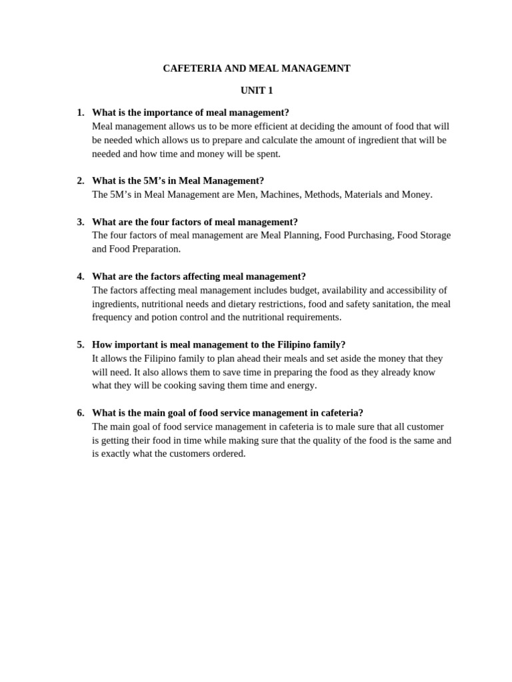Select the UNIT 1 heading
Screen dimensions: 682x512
tap(257, 91)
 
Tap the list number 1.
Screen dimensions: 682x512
tap(80, 113)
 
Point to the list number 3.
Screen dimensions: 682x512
tap(80, 222)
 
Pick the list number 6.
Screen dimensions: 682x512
tap(80, 413)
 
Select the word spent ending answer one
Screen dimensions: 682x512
tap(267, 154)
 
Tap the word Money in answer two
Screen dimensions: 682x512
tap(416, 194)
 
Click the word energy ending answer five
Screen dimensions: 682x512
tap(302, 386)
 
